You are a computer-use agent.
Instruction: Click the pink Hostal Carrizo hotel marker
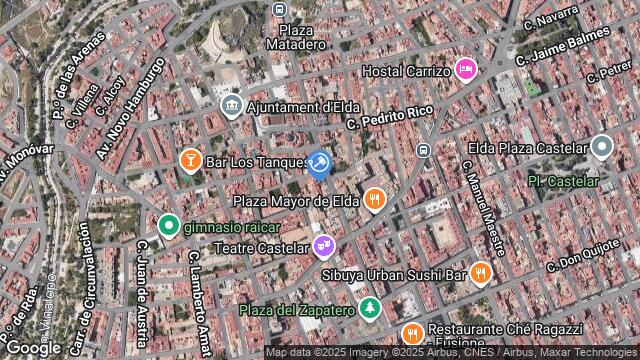[465, 69]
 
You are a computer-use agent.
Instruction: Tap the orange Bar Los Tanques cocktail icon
[190, 160]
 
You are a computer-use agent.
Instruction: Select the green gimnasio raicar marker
[168, 226]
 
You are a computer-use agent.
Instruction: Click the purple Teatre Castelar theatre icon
[322, 244]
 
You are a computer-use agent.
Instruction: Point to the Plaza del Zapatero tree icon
[371, 308]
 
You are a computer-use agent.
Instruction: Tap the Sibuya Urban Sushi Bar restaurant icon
[481, 272]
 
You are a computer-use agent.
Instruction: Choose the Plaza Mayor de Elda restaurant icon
[374, 199]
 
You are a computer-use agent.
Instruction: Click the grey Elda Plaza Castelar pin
[601, 147]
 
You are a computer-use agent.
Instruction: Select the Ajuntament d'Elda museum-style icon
[231, 105]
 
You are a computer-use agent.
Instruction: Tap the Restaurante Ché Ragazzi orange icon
[410, 333]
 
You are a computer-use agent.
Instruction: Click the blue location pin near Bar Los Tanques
[319, 162]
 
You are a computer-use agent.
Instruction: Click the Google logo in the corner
[33, 347]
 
